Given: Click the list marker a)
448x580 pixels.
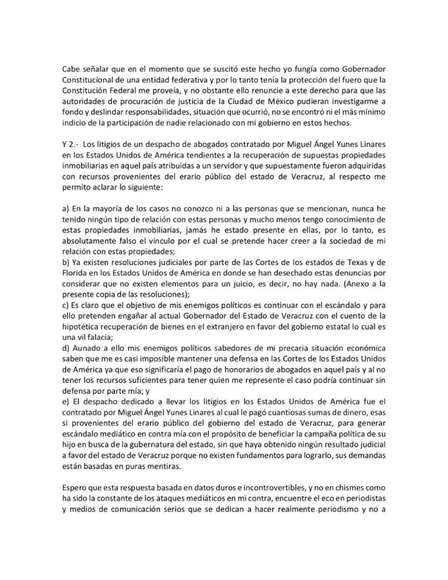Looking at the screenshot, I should [x=66, y=210].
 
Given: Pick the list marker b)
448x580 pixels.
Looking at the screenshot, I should [x=66, y=269].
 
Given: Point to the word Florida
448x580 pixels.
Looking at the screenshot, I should [x=75, y=279].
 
